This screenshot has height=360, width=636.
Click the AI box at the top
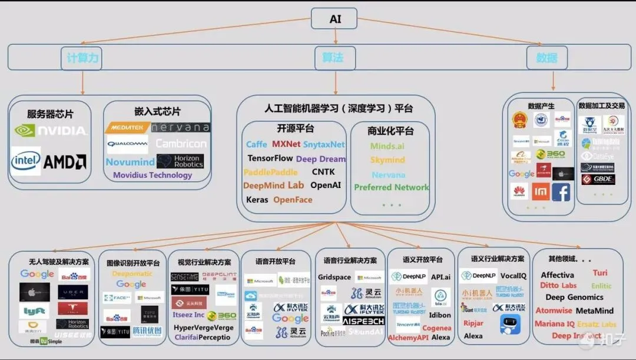[335, 19]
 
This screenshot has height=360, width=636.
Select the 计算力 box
[81, 58]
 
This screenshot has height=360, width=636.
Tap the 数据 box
[546, 58]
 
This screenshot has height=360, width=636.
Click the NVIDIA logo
[51, 131]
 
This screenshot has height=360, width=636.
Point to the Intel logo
[25, 161]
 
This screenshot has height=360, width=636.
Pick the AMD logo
[65, 161]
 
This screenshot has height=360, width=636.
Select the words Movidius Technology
[153, 175]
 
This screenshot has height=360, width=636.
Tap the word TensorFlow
[270, 158]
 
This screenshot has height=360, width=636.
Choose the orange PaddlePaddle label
[271, 172]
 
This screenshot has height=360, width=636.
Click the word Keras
[257, 200]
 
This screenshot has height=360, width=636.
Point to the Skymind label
[387, 160]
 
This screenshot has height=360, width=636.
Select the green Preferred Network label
[391, 187]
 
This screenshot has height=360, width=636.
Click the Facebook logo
[561, 192]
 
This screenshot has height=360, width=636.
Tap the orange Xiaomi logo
[541, 191]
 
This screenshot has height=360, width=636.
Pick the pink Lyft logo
[35, 311]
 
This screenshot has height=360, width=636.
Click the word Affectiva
[557, 275]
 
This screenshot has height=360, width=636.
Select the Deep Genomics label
[574, 298]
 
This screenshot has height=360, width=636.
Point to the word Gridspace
[334, 277]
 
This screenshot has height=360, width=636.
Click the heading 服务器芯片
[51, 114]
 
